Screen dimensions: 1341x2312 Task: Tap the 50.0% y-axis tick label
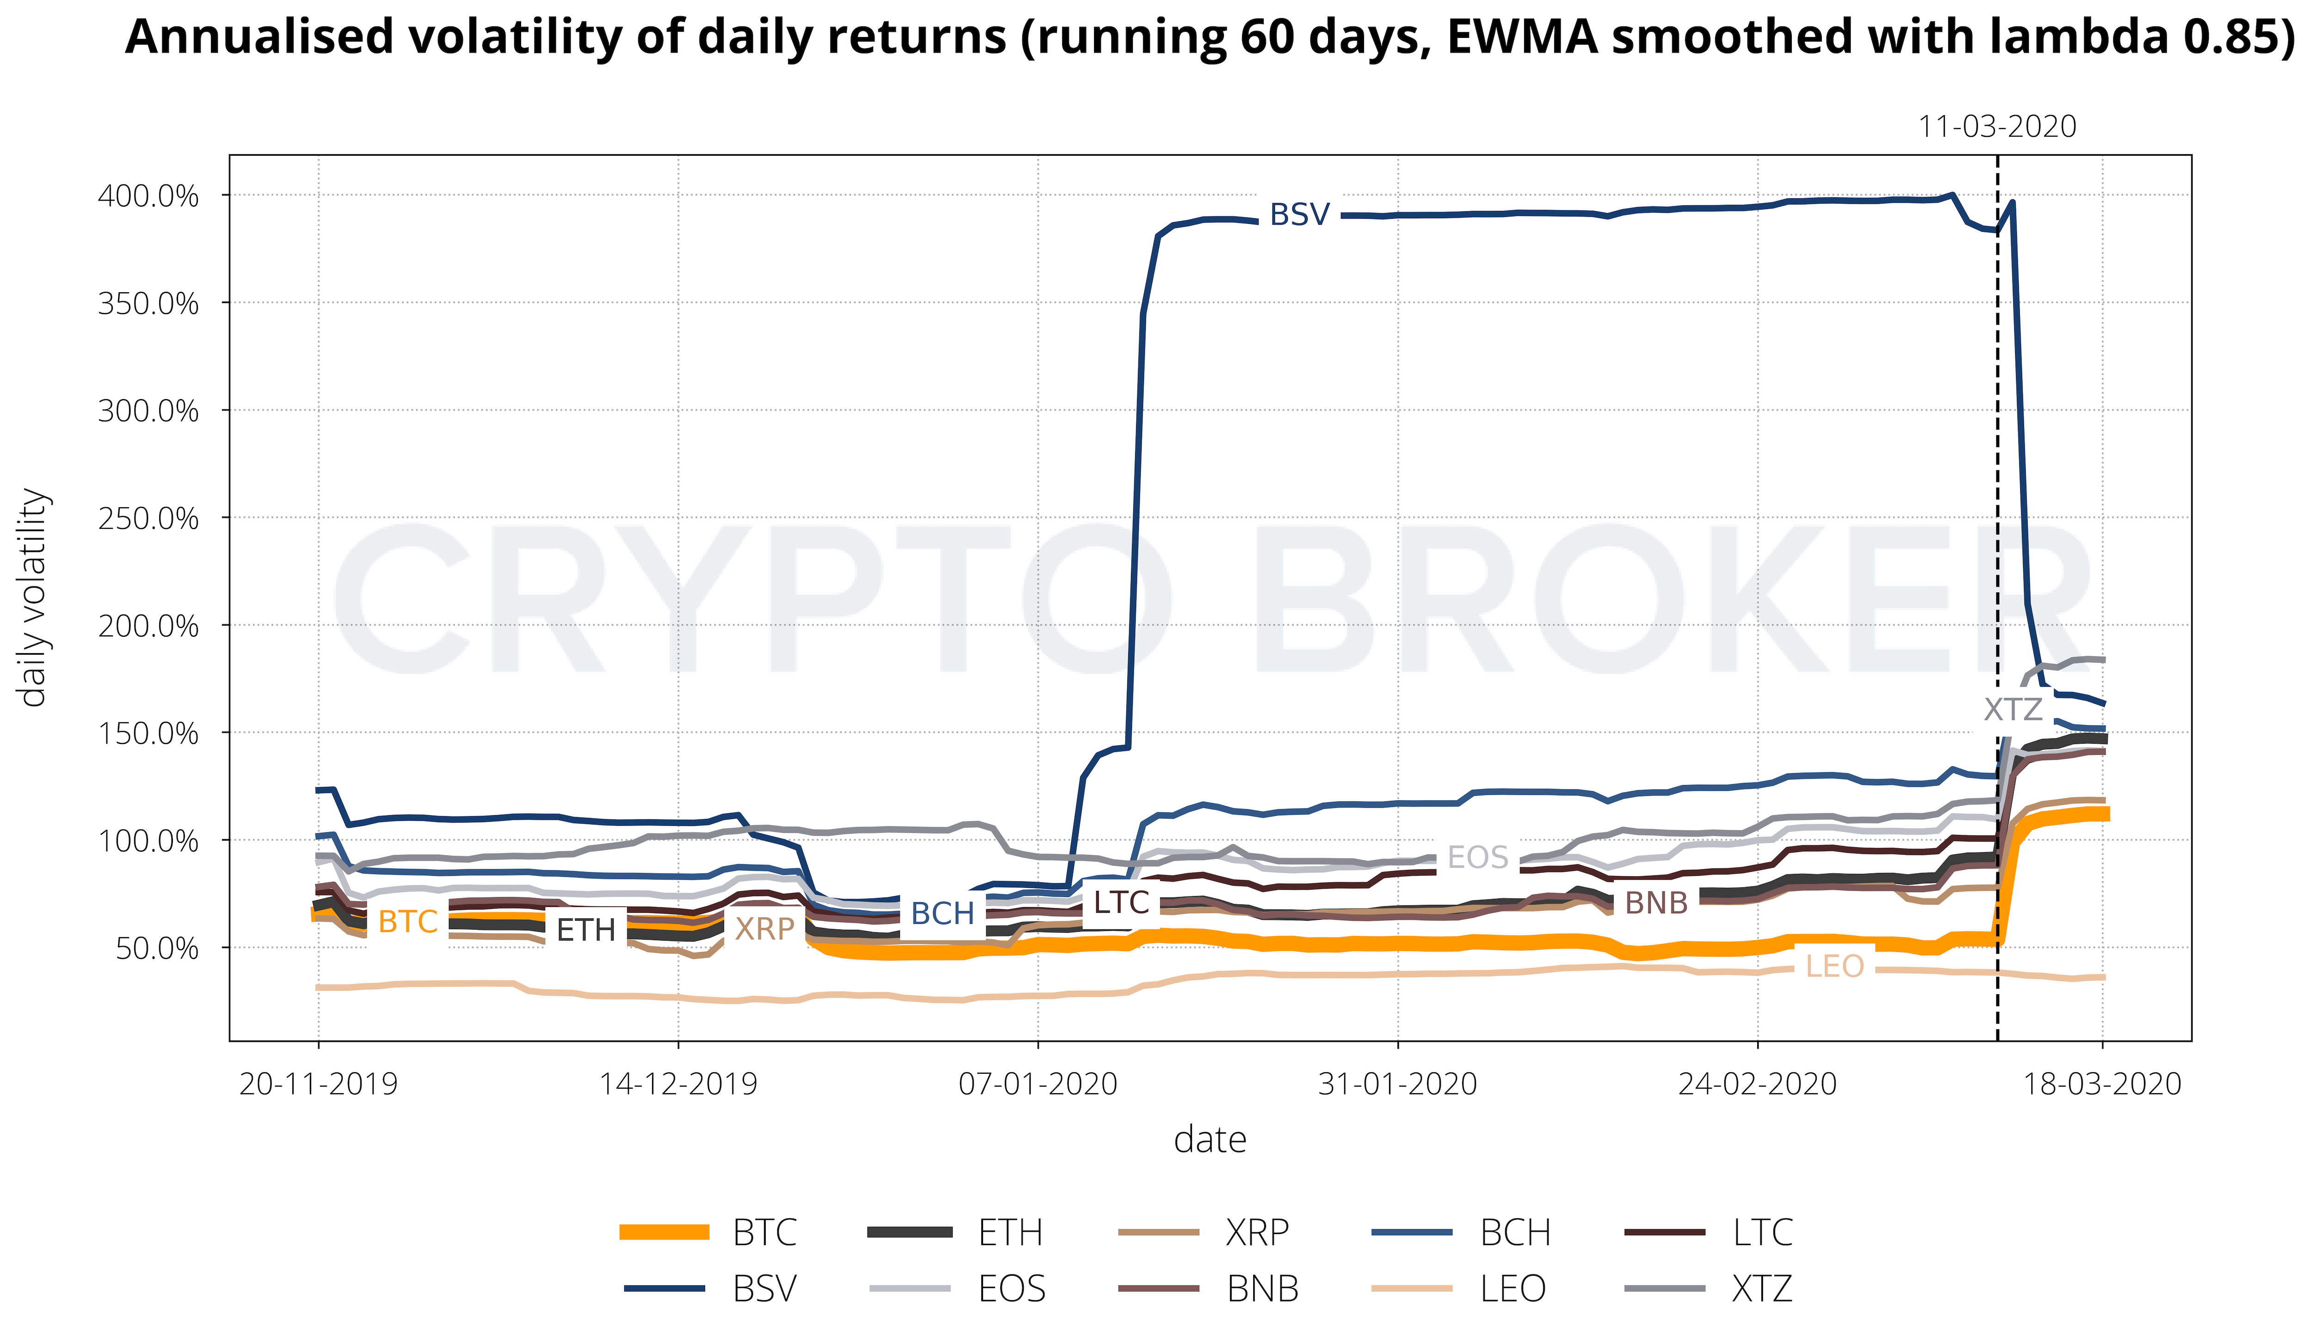point(156,948)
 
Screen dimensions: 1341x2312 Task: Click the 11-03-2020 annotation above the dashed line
point(1997,127)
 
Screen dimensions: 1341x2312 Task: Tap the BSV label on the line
point(1299,215)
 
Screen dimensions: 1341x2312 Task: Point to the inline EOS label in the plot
point(1477,857)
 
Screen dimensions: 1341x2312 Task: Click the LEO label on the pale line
point(1834,966)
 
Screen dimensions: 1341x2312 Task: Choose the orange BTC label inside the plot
point(407,921)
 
